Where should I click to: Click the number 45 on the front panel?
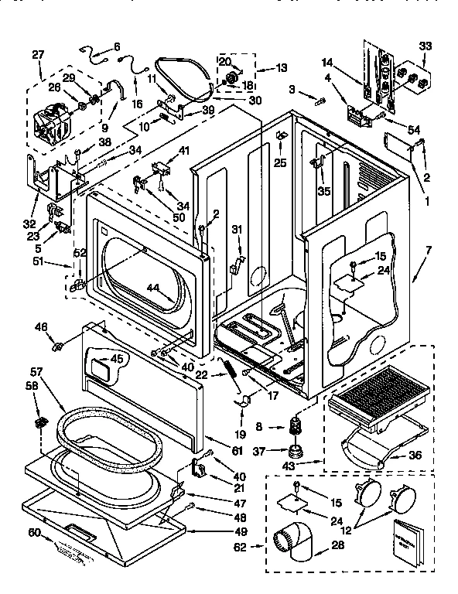click(115, 358)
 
